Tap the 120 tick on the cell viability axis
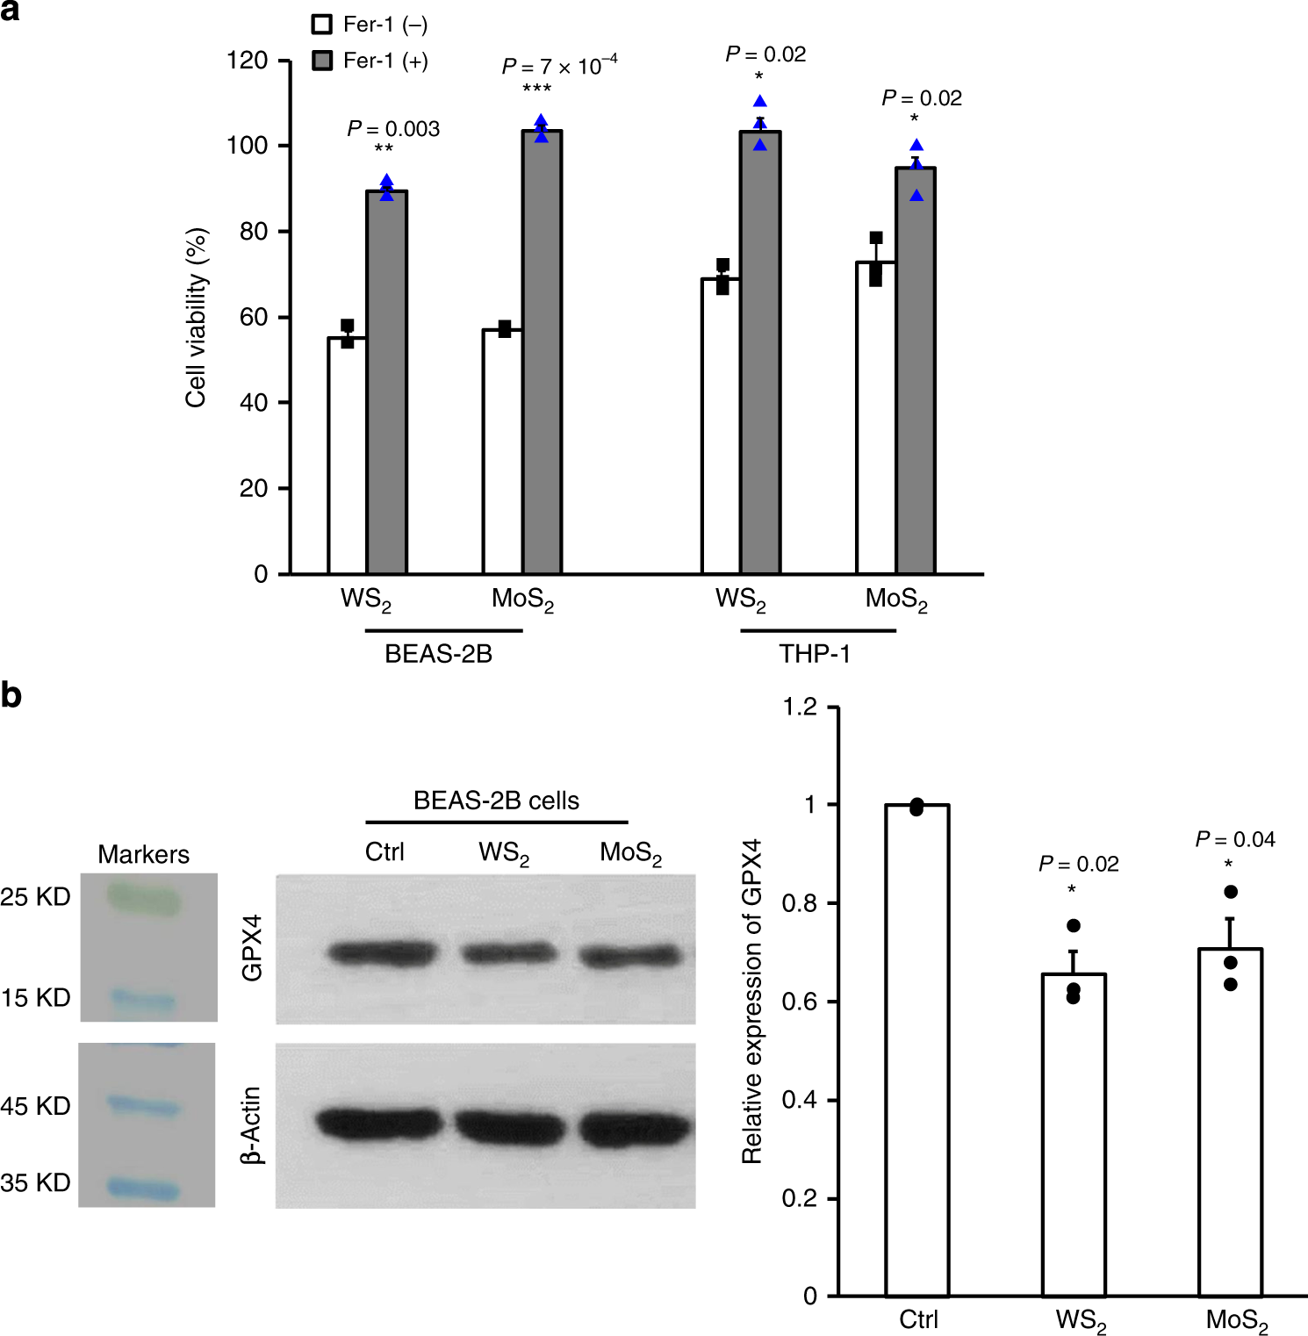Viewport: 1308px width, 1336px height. tap(247, 61)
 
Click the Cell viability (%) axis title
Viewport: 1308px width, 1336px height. tap(196, 318)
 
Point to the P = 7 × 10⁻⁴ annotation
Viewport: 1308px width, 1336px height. tap(559, 66)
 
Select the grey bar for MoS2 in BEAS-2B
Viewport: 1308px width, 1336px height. tap(542, 351)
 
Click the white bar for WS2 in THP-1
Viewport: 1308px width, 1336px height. tap(721, 426)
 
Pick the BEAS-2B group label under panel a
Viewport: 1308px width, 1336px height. tap(438, 654)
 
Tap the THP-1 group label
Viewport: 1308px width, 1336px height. tap(815, 654)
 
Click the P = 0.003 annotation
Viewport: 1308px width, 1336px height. tap(393, 129)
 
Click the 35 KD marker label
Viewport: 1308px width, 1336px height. tap(35, 1182)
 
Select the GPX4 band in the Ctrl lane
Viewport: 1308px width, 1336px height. tap(384, 952)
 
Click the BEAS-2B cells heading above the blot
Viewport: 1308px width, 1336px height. tap(496, 801)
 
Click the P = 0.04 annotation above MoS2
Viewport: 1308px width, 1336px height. tap(1234, 840)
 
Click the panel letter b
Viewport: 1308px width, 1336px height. tap(11, 695)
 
